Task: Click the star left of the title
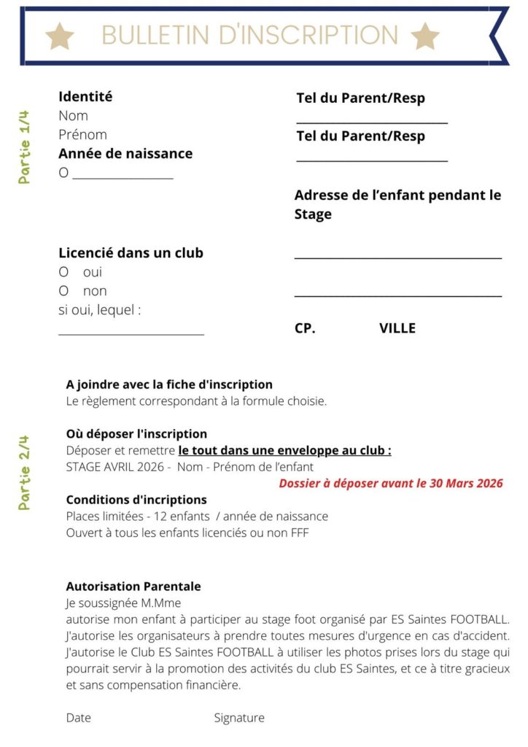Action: tap(60, 35)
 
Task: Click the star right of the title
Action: tap(424, 35)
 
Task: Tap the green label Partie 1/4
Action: tap(25, 147)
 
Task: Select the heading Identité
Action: tap(85, 96)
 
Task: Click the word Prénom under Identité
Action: tap(82, 135)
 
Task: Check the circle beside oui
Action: tap(63, 272)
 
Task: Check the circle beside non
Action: tap(63, 291)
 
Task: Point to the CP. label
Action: tap(305, 328)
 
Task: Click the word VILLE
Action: tap(397, 328)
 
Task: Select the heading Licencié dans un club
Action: tap(131, 253)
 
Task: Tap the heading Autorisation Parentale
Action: tap(133, 587)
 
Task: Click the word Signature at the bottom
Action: tap(239, 718)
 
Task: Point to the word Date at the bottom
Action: tap(79, 718)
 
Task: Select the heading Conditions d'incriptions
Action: tap(136, 500)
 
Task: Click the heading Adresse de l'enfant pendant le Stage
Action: tap(397, 204)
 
